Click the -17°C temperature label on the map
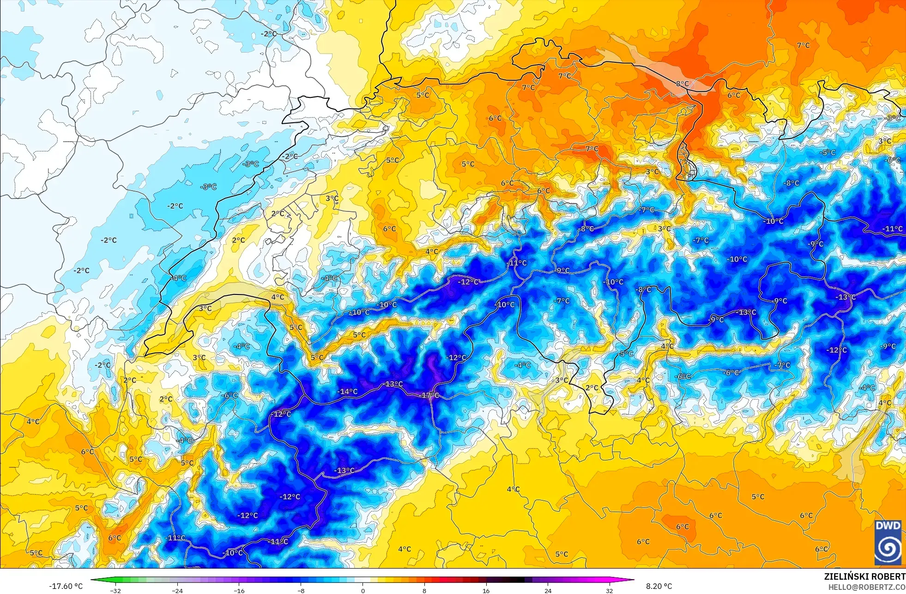430,396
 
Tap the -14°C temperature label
347,391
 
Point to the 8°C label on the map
683,84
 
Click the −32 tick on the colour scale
115,590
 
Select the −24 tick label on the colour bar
177,590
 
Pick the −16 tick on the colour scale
239,590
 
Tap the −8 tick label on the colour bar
301,590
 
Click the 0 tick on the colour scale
363,590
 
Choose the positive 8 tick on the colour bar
424,590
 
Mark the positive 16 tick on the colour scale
486,590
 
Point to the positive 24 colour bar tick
548,590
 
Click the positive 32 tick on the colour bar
610,590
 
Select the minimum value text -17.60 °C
66,586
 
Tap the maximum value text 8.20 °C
659,586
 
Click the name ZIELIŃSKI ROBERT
864,576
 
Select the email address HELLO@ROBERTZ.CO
866,587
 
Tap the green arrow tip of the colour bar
93,580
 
